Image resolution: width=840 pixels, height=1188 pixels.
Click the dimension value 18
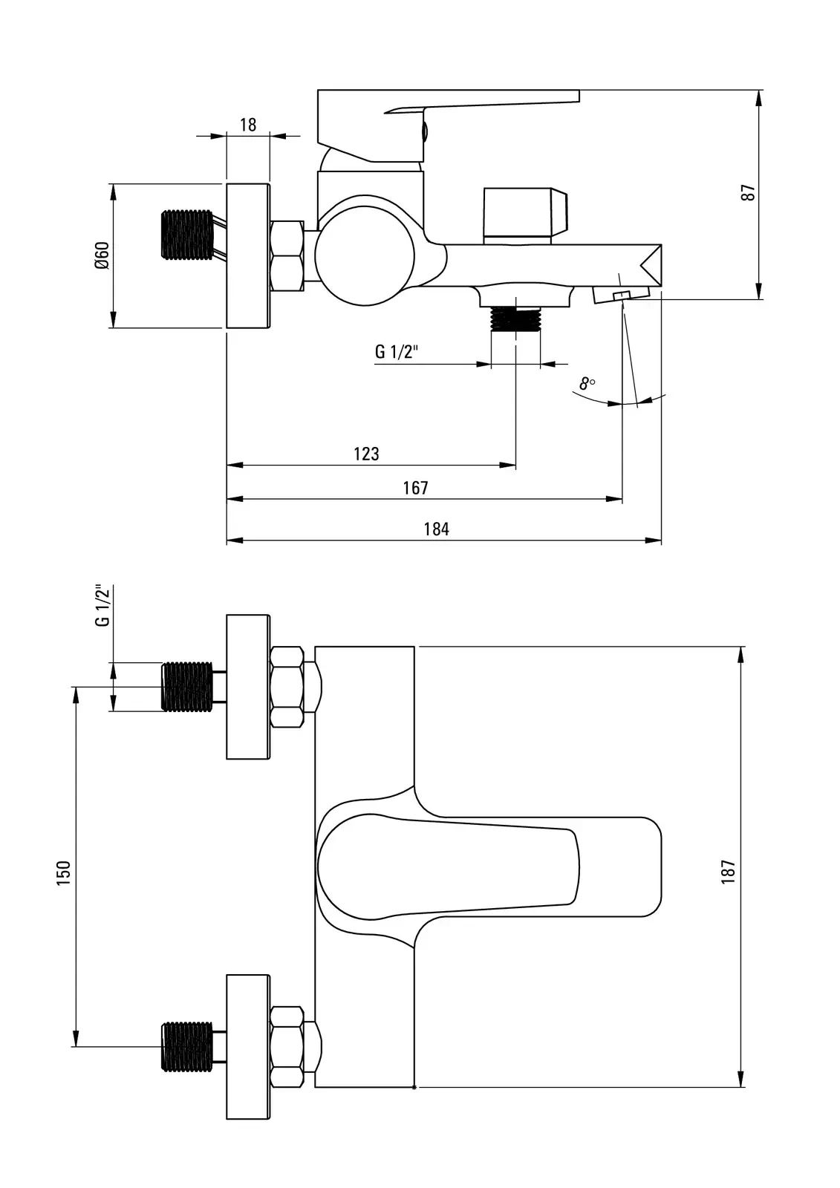248,125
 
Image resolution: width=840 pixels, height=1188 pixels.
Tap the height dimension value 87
747,192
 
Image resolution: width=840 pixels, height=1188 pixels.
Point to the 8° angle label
587,383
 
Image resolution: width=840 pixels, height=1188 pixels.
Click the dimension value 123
366,454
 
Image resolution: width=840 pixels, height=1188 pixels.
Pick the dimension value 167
415,488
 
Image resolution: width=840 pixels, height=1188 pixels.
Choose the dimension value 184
436,529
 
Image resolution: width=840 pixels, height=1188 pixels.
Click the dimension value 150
63,872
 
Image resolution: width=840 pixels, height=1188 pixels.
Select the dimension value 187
728,872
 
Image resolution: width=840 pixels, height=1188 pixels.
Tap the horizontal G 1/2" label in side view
397,352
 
